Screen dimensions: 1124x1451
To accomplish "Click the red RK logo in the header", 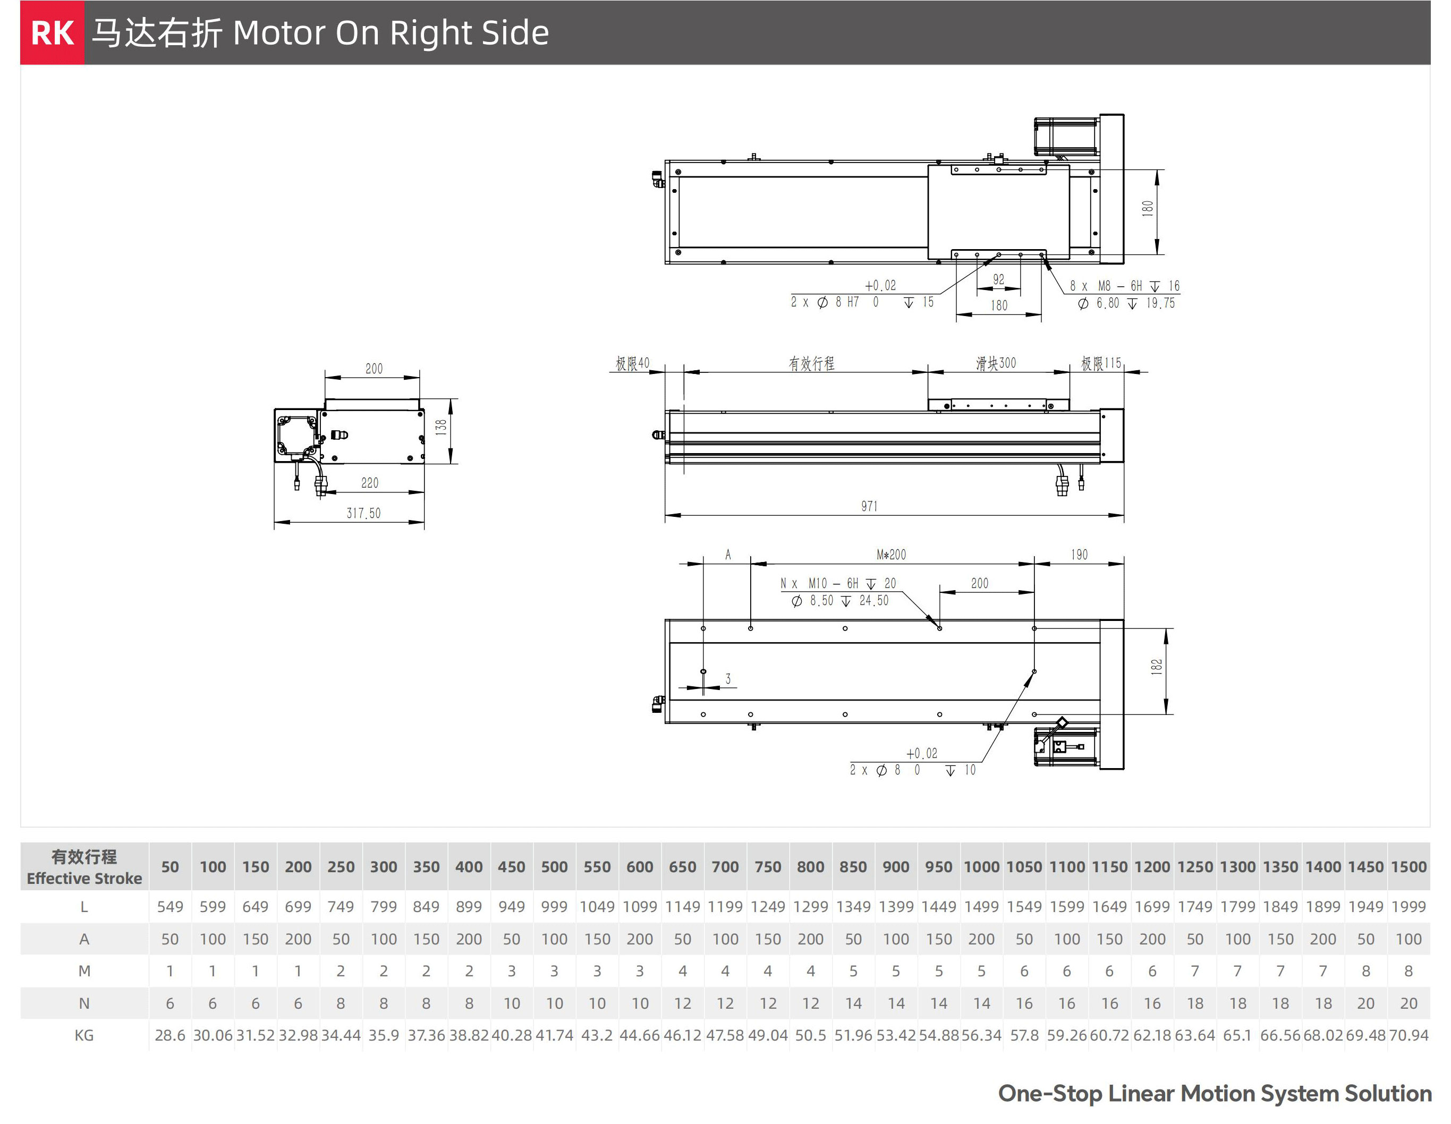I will tap(53, 32).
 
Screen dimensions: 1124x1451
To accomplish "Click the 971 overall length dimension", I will tap(869, 506).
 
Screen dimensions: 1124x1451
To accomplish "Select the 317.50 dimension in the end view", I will tap(363, 513).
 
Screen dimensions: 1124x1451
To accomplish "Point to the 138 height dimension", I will tap(441, 427).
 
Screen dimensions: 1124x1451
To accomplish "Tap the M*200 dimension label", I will tap(891, 555).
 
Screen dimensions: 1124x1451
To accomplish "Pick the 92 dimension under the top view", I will tap(998, 279).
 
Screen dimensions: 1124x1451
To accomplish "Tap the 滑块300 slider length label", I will tap(995, 363).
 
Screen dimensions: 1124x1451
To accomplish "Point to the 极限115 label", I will tap(1101, 363).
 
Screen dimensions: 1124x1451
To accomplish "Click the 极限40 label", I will tap(632, 363).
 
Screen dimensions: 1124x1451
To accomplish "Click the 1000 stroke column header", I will tap(981, 867).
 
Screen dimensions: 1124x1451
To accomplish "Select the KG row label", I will tap(84, 1035).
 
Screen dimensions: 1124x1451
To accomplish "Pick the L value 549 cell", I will tap(170, 907).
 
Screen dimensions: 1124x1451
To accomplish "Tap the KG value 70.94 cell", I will tap(1408, 1035).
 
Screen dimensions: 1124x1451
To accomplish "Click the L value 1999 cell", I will tap(1408, 907).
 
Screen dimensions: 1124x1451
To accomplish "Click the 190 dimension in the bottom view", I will tap(1079, 555).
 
